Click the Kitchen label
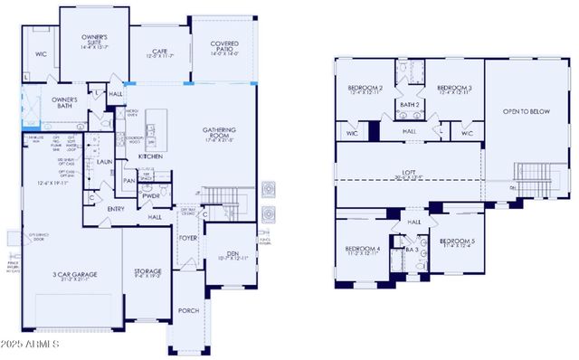pyautogui.click(x=150, y=156)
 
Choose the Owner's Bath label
pyautogui.click(x=64, y=103)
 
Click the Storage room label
pyautogui.click(x=148, y=271)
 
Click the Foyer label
pyautogui.click(x=187, y=239)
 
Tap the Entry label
pyautogui.click(x=116, y=209)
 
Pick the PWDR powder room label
pyautogui.click(x=151, y=194)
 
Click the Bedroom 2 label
pyautogui.click(x=365, y=89)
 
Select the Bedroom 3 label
pyautogui.click(x=453, y=89)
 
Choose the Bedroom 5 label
pyautogui.click(x=460, y=242)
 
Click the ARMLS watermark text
pyautogui.click(x=33, y=345)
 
